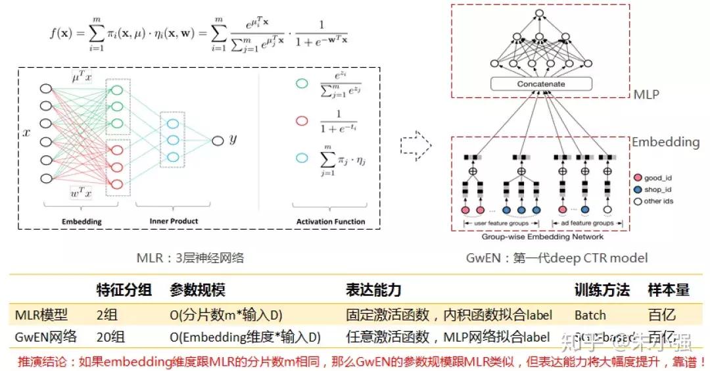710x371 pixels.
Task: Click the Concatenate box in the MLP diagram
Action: point(540,84)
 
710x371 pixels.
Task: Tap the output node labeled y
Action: point(217,139)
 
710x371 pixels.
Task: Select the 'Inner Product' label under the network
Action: point(174,221)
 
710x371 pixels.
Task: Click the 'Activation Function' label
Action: point(331,222)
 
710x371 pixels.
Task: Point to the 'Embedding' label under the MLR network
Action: point(82,222)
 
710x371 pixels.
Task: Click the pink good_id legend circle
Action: point(637,177)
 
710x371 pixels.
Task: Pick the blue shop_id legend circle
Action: point(637,189)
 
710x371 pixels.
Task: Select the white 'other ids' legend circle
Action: point(637,201)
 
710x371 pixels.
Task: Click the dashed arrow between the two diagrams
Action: point(415,141)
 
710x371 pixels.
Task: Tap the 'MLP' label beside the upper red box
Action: point(646,95)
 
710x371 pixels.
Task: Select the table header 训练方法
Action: point(602,290)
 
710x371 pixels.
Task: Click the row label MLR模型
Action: point(41,314)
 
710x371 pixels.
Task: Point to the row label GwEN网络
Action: point(45,338)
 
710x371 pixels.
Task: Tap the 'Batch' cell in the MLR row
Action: point(590,314)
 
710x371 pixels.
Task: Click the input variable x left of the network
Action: point(26,133)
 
